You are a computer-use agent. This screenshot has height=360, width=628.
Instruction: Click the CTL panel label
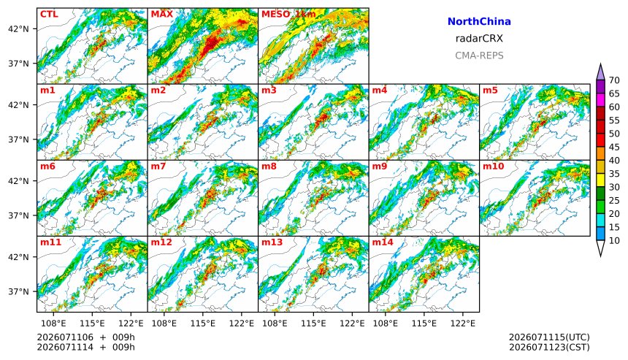click(49, 15)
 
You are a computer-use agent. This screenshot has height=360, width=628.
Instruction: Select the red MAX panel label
click(162, 15)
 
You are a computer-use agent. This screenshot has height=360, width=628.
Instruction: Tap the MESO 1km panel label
click(288, 15)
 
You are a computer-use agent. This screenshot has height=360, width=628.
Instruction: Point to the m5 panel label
click(490, 91)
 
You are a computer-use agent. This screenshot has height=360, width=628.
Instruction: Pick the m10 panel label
click(493, 166)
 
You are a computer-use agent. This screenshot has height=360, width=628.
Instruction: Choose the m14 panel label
click(383, 242)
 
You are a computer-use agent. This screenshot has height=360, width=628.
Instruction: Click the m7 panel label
click(158, 166)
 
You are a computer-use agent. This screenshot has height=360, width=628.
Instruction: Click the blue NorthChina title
click(479, 22)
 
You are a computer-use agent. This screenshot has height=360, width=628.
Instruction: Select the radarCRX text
click(479, 39)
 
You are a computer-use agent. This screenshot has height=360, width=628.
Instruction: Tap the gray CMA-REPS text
click(479, 55)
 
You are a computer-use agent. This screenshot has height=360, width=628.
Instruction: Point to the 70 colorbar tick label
click(614, 80)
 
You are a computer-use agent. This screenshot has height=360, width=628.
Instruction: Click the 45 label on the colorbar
click(614, 148)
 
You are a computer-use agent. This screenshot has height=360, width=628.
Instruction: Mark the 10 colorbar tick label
click(614, 241)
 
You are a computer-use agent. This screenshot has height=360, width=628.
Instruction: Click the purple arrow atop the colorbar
click(600, 73)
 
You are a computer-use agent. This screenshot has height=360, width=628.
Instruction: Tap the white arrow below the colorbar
click(600, 248)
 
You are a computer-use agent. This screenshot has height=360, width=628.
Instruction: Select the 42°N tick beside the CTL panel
click(19, 29)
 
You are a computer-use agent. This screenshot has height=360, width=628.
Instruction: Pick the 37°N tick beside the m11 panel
click(19, 291)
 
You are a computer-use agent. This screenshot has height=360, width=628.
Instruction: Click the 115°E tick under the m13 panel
click(313, 323)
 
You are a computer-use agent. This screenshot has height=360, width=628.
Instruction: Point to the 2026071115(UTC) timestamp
click(549, 337)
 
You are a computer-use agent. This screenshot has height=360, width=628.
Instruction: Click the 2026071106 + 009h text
click(85, 337)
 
